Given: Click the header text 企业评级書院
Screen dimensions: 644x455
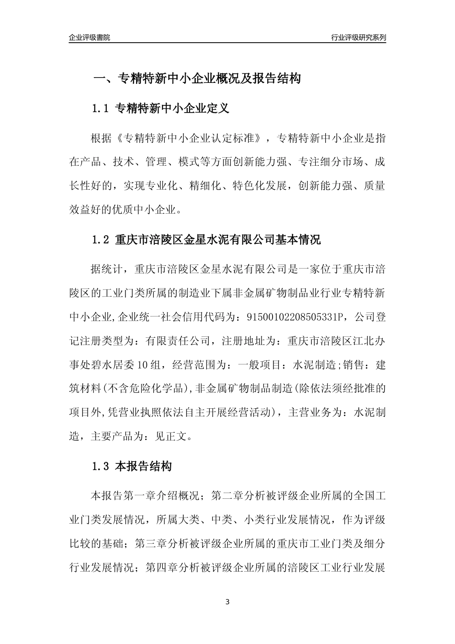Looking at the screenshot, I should point(90,38).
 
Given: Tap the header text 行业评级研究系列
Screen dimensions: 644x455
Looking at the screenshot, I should point(358,38).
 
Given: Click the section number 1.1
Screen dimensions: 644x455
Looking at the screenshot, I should point(101,109).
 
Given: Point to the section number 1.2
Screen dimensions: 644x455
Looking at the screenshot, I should point(101,240).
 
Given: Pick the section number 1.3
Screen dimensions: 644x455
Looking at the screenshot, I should point(101,466).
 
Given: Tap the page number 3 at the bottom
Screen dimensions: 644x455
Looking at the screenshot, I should point(227,602).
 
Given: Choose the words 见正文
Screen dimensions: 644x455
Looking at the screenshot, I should point(172,437).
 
